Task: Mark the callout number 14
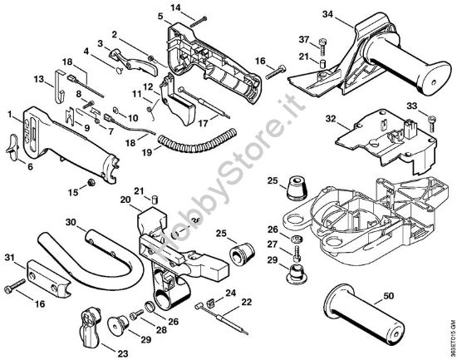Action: [176, 7]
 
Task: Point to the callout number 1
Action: [10, 113]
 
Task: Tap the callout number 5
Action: [160, 15]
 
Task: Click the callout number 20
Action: [125, 200]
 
